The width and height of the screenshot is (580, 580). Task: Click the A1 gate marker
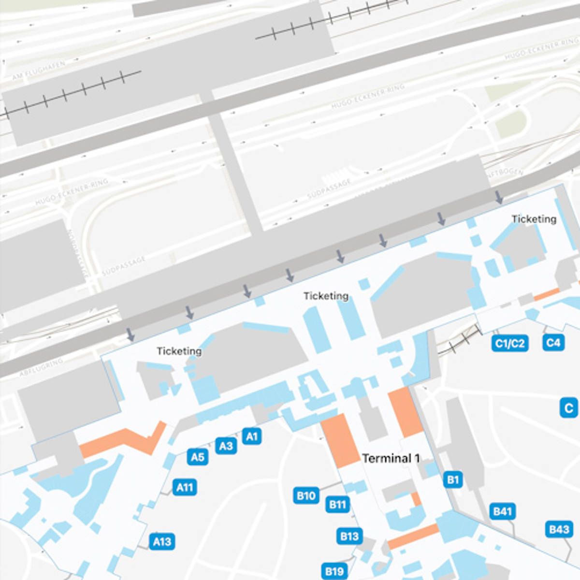[x=252, y=436]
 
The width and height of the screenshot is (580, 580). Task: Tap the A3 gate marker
[x=226, y=446]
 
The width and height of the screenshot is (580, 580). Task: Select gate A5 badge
[x=198, y=457]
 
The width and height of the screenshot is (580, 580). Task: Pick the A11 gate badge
[x=185, y=487]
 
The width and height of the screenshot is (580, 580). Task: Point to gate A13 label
[x=162, y=541]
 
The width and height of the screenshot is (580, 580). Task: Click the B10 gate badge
[x=306, y=495]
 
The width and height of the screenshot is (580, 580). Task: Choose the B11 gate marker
[x=338, y=505]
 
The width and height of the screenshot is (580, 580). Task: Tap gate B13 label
[x=349, y=536]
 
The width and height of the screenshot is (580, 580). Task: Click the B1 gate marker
[x=453, y=480]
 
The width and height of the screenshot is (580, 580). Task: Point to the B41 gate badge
[x=503, y=511]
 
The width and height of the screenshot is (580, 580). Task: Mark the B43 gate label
[x=559, y=529]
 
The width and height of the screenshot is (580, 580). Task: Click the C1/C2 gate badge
[x=510, y=344]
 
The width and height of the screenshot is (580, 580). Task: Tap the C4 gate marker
[x=553, y=343]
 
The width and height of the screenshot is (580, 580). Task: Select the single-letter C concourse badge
[x=569, y=408]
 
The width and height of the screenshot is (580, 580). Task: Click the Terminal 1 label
[x=391, y=458]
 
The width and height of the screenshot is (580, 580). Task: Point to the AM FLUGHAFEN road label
[x=39, y=71]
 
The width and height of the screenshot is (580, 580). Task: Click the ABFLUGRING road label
[x=41, y=367]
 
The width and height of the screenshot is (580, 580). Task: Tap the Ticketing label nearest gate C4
[x=534, y=219]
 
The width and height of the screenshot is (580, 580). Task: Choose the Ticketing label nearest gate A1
[x=179, y=351]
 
